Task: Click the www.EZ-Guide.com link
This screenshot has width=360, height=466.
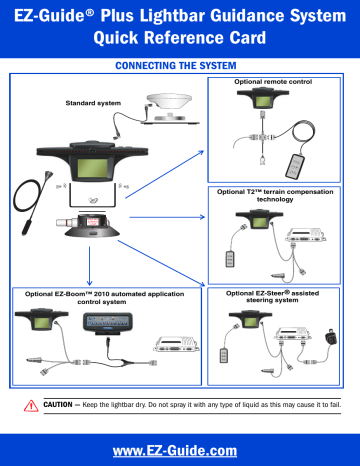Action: tap(180, 449)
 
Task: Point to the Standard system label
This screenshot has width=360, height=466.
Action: tap(96, 103)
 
